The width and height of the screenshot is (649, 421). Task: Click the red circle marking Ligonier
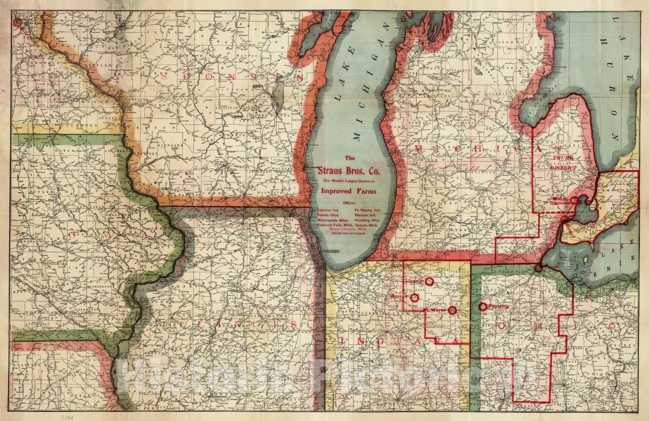point(430,281)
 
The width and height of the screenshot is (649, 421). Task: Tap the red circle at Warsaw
point(415,298)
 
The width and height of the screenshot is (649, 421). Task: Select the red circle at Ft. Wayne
point(453,310)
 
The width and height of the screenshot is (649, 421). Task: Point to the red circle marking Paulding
point(483,307)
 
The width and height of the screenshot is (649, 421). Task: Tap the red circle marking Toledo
point(538,268)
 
